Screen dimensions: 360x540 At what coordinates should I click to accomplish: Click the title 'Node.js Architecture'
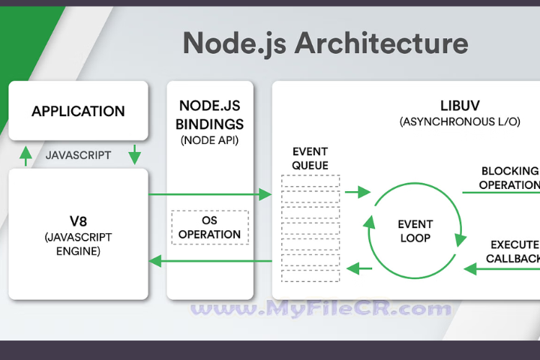pyautogui.click(x=325, y=43)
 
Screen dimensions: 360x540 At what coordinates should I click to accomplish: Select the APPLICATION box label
pyautogui.click(x=78, y=112)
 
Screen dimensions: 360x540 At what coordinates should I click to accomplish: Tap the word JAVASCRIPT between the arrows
pyautogui.click(x=78, y=156)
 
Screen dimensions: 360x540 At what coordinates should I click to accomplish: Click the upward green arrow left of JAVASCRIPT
pyautogui.click(x=25, y=155)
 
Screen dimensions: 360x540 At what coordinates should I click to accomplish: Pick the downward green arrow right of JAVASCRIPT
pyautogui.click(x=136, y=155)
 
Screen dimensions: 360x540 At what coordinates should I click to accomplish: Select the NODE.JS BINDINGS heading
pyautogui.click(x=210, y=114)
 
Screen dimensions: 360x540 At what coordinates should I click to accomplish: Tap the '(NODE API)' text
pyautogui.click(x=210, y=139)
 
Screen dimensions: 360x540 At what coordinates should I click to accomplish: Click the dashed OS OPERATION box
pyautogui.click(x=210, y=227)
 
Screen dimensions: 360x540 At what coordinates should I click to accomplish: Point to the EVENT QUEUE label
pyautogui.click(x=310, y=158)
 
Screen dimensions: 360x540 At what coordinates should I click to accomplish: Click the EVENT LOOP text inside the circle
pyautogui.click(x=415, y=231)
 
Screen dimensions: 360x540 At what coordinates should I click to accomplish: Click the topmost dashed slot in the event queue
pyautogui.click(x=310, y=181)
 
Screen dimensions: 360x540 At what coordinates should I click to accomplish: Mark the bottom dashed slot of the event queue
pyautogui.click(x=310, y=275)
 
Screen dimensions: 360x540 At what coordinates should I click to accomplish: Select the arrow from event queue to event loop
pyautogui.click(x=358, y=193)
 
